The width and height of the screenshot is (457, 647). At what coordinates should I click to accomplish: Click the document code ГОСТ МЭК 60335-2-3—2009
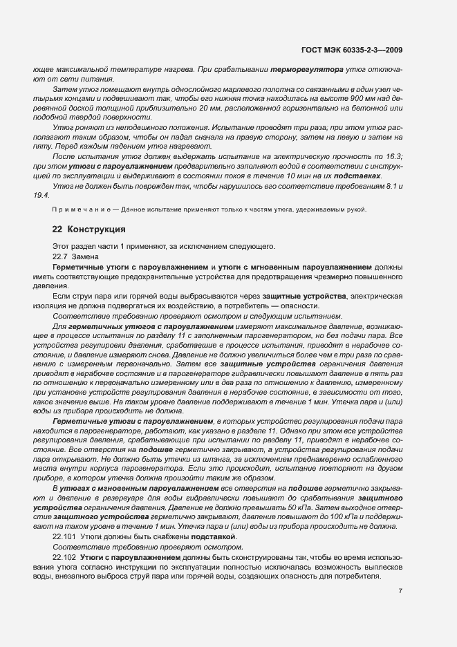click(x=353, y=49)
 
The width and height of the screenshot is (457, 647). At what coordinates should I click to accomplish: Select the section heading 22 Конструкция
click(x=89, y=229)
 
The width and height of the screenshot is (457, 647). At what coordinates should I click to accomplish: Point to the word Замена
click(x=86, y=256)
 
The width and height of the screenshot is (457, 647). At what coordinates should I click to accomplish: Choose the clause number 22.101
click(x=64, y=536)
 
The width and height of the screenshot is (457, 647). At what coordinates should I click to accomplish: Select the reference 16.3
click(x=393, y=157)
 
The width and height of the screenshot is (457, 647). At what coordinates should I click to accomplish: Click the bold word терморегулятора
click(x=306, y=69)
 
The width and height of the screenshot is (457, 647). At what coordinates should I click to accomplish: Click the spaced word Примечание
click(x=76, y=209)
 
